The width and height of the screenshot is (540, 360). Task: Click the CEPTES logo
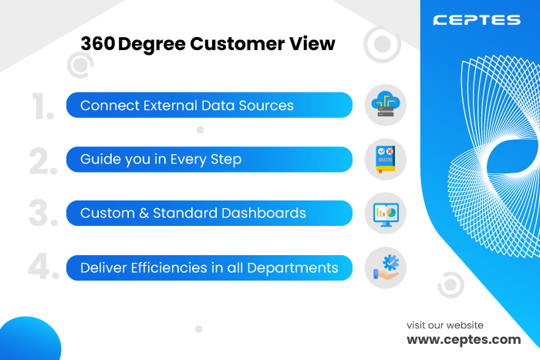477,20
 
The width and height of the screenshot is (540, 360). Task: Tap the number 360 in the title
98,44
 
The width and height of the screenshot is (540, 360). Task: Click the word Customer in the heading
238,44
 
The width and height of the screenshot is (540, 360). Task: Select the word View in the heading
312,44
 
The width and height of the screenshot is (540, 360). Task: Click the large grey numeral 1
42,106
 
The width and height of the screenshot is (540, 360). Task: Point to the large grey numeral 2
43,160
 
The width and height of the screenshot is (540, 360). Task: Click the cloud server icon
386,104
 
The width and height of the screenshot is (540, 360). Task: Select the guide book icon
386,160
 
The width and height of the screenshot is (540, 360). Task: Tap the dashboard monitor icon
386,214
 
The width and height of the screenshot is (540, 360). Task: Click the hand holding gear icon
386,267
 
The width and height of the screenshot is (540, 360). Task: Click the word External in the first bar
170,106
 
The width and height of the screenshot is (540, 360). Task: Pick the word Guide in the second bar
100,160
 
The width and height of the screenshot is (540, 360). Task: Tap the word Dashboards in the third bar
264,213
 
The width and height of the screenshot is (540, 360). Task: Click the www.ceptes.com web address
464,340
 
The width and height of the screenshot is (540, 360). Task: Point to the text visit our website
445,325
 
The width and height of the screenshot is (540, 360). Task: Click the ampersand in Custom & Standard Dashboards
144,214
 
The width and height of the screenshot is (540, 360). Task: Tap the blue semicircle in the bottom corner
29,339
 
